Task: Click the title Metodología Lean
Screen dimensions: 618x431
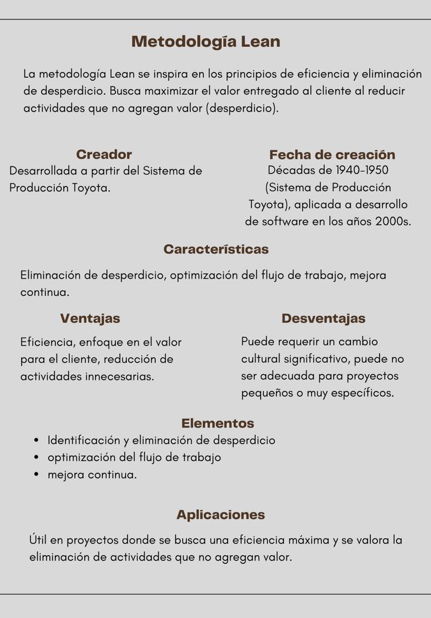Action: tap(206, 42)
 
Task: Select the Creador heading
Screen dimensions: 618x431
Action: tap(104, 154)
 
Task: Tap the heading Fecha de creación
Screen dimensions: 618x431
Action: tap(332, 155)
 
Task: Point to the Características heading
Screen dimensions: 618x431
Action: tap(216, 249)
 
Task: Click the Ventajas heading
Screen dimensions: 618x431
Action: tap(90, 319)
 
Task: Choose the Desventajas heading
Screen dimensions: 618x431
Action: tap(324, 319)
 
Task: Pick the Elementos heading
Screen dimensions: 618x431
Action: tap(218, 423)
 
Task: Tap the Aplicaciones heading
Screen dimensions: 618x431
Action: tap(221, 515)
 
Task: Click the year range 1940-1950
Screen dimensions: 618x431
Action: tap(362, 171)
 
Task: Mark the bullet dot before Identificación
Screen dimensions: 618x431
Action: tap(37, 441)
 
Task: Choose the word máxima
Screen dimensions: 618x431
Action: tap(309, 540)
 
